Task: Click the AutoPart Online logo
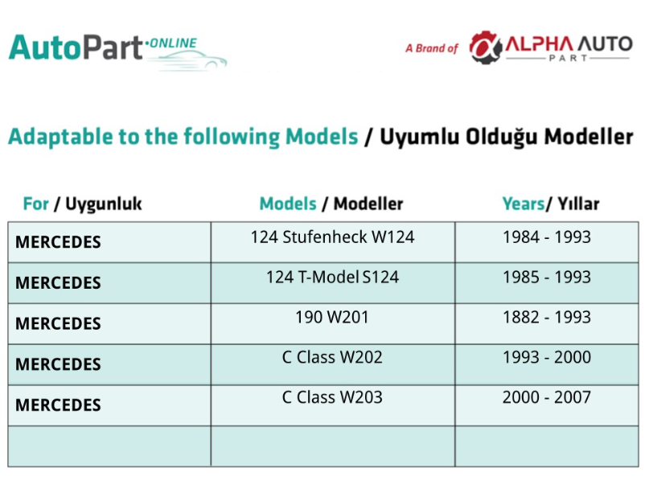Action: pyautogui.click(x=118, y=51)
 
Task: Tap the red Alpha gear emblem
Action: pyautogui.click(x=485, y=47)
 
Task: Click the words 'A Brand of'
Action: pyautogui.click(x=432, y=48)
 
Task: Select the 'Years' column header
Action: pyautogui.click(x=551, y=203)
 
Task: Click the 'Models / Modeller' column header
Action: pyautogui.click(x=331, y=203)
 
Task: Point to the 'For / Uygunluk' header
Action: pyautogui.click(x=82, y=204)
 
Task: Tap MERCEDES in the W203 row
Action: pyautogui.click(x=58, y=405)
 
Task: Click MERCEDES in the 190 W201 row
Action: pyautogui.click(x=58, y=323)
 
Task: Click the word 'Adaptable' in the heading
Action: pyautogui.click(x=60, y=137)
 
